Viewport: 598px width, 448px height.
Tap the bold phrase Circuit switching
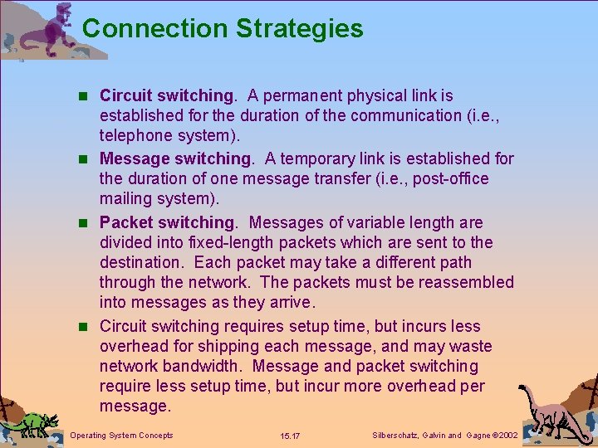pyautogui.click(x=166, y=96)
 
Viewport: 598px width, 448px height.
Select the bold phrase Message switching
pyautogui.click(x=174, y=158)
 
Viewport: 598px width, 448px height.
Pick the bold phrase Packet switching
pyautogui.click(x=167, y=222)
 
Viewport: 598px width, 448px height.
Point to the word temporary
pyautogui.click(x=321, y=158)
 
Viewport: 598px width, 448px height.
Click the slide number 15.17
pyautogui.click(x=291, y=436)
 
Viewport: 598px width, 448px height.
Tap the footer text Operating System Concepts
pyautogui.click(x=122, y=436)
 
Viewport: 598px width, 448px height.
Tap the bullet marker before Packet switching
pyautogui.click(x=86, y=223)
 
